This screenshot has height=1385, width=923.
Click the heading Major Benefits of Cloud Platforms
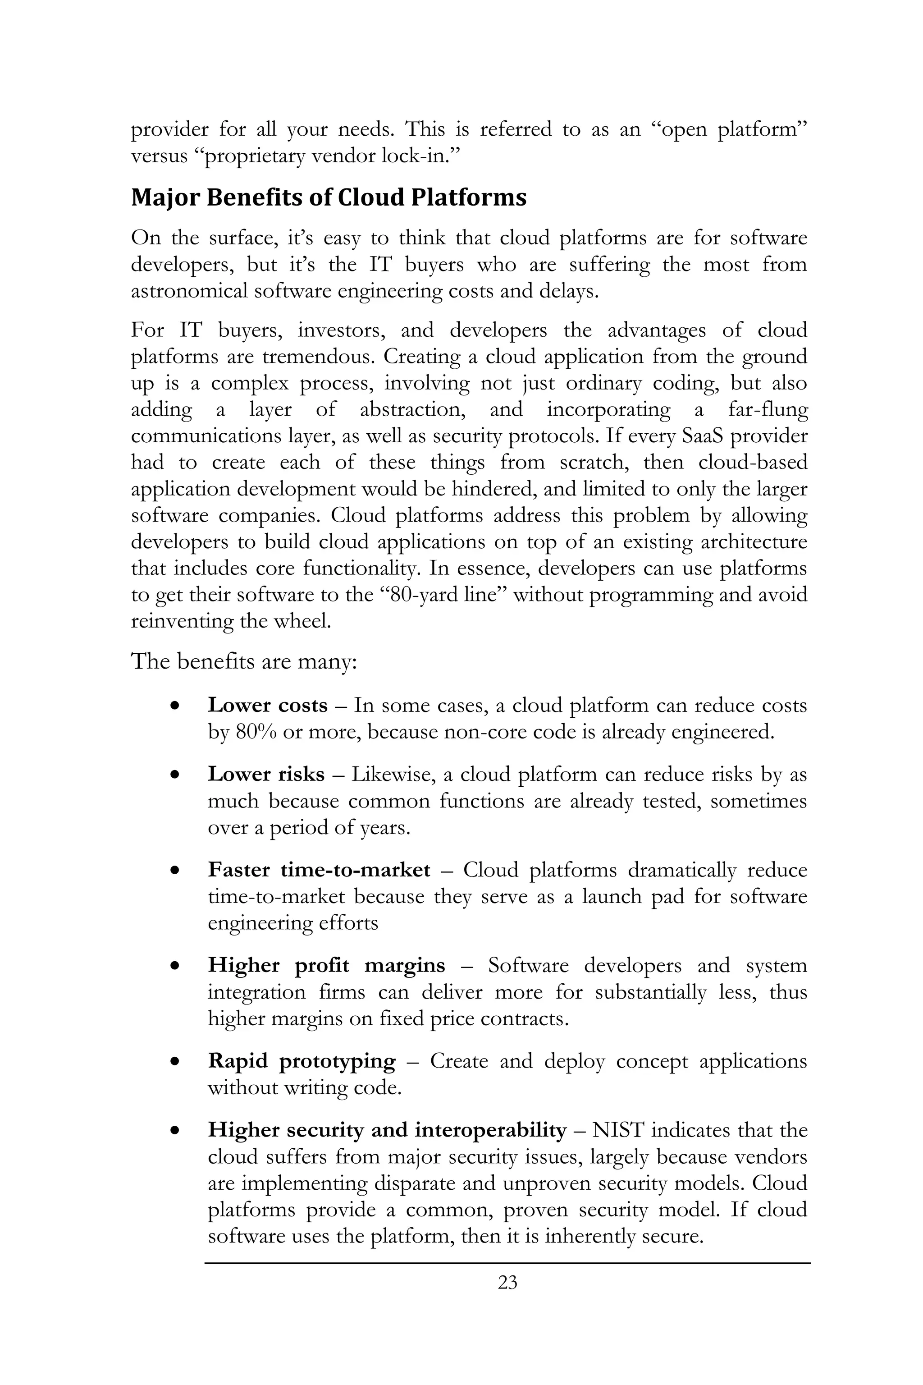(329, 197)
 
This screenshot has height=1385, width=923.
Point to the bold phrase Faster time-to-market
(319, 870)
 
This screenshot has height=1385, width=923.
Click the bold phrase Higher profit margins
(327, 965)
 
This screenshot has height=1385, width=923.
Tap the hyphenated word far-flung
(768, 409)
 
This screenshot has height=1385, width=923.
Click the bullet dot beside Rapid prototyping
(174, 1062)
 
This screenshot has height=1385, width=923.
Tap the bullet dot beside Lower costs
(174, 706)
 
